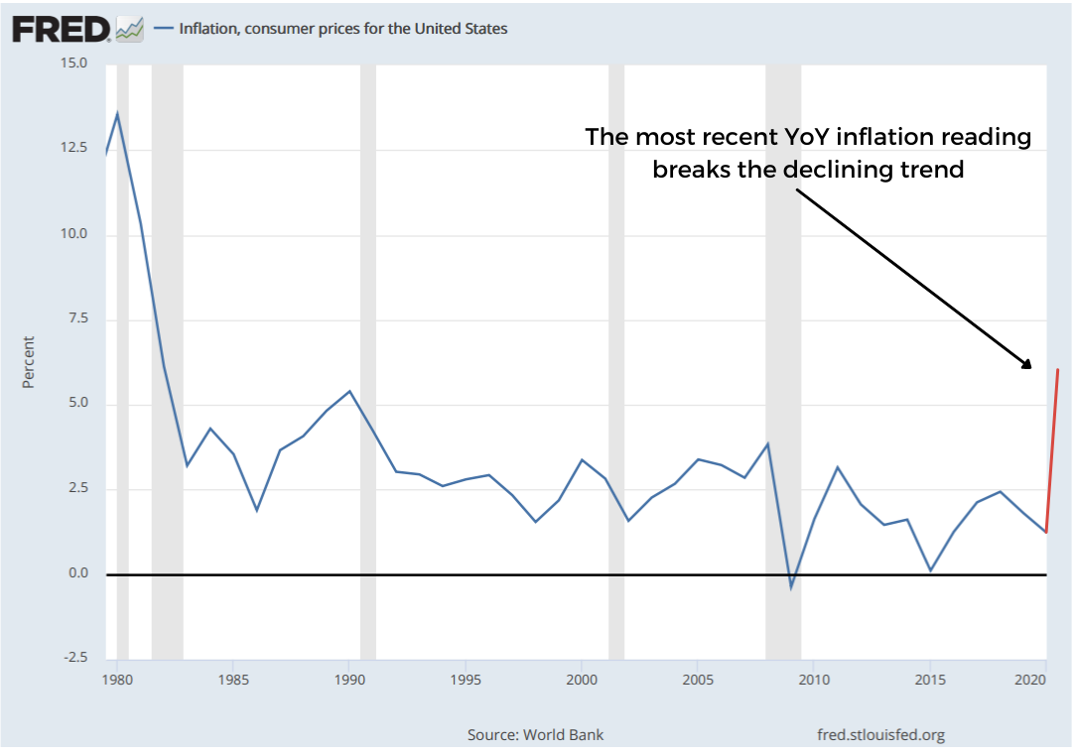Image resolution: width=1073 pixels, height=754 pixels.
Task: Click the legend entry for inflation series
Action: [342, 29]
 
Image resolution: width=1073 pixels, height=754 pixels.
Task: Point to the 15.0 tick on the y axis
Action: [75, 63]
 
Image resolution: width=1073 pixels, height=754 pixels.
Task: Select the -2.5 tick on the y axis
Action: [76, 658]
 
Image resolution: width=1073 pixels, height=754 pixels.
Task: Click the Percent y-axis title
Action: [29, 362]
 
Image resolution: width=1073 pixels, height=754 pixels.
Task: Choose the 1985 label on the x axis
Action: [232, 681]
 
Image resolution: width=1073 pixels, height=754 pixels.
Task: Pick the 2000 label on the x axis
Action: [581, 681]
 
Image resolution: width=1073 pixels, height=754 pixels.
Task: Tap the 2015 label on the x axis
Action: [929, 681]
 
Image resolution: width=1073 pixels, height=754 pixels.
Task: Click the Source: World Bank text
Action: [535, 735]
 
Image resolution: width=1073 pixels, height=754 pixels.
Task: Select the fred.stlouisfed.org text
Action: [880, 735]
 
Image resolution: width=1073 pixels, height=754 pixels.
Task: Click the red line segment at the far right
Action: [1052, 451]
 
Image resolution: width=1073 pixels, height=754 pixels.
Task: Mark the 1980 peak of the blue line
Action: [117, 114]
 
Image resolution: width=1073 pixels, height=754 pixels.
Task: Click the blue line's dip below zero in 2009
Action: [791, 586]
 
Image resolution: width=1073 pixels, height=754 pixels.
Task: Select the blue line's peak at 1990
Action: [349, 391]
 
